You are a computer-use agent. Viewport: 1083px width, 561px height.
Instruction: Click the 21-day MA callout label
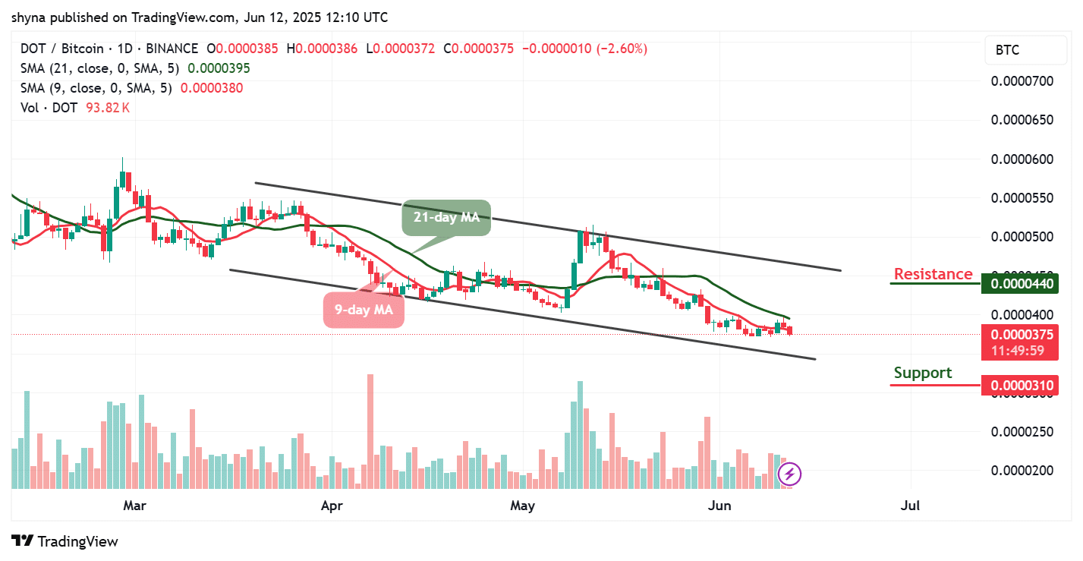[x=446, y=218]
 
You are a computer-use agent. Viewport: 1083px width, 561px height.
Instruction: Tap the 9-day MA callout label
[x=364, y=310]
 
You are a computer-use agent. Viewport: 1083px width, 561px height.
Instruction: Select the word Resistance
[x=933, y=274]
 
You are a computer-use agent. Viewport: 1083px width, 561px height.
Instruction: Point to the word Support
[x=922, y=373]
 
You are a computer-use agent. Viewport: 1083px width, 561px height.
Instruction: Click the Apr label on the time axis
[x=332, y=505]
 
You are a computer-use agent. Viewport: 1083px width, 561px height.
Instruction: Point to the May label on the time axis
[x=523, y=505]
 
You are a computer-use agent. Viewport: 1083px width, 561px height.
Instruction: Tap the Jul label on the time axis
[x=909, y=505]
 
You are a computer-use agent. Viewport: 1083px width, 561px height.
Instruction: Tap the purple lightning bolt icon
[x=789, y=475]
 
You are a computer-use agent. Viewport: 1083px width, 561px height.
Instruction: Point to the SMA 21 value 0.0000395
[x=219, y=68]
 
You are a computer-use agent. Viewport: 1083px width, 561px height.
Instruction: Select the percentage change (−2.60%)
[x=622, y=49]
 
